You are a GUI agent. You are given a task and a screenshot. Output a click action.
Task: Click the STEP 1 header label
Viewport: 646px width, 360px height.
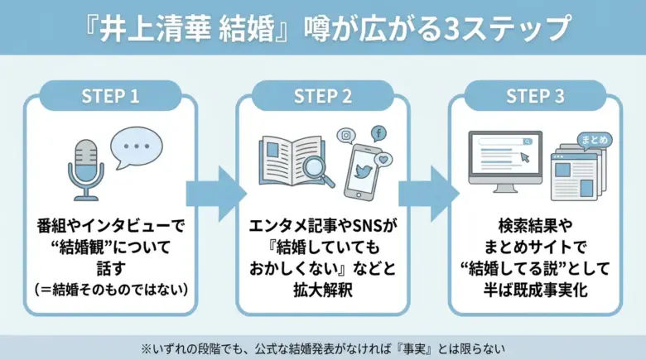110,96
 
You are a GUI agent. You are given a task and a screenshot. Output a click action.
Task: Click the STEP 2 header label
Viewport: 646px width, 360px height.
323,96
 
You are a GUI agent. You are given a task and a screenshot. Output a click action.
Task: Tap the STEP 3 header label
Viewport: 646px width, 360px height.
535,96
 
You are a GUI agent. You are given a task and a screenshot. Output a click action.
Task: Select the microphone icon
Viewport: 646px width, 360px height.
85,168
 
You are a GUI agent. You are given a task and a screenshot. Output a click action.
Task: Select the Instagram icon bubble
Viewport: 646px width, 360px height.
345,136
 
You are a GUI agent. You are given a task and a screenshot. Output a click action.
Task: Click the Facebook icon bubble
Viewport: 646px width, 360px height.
378,133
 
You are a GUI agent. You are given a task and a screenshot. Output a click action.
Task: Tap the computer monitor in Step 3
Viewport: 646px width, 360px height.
504,157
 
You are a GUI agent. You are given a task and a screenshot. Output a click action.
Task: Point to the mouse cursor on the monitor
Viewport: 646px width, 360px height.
524,156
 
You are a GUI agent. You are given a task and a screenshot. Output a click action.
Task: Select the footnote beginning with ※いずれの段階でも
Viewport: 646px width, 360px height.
323,348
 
